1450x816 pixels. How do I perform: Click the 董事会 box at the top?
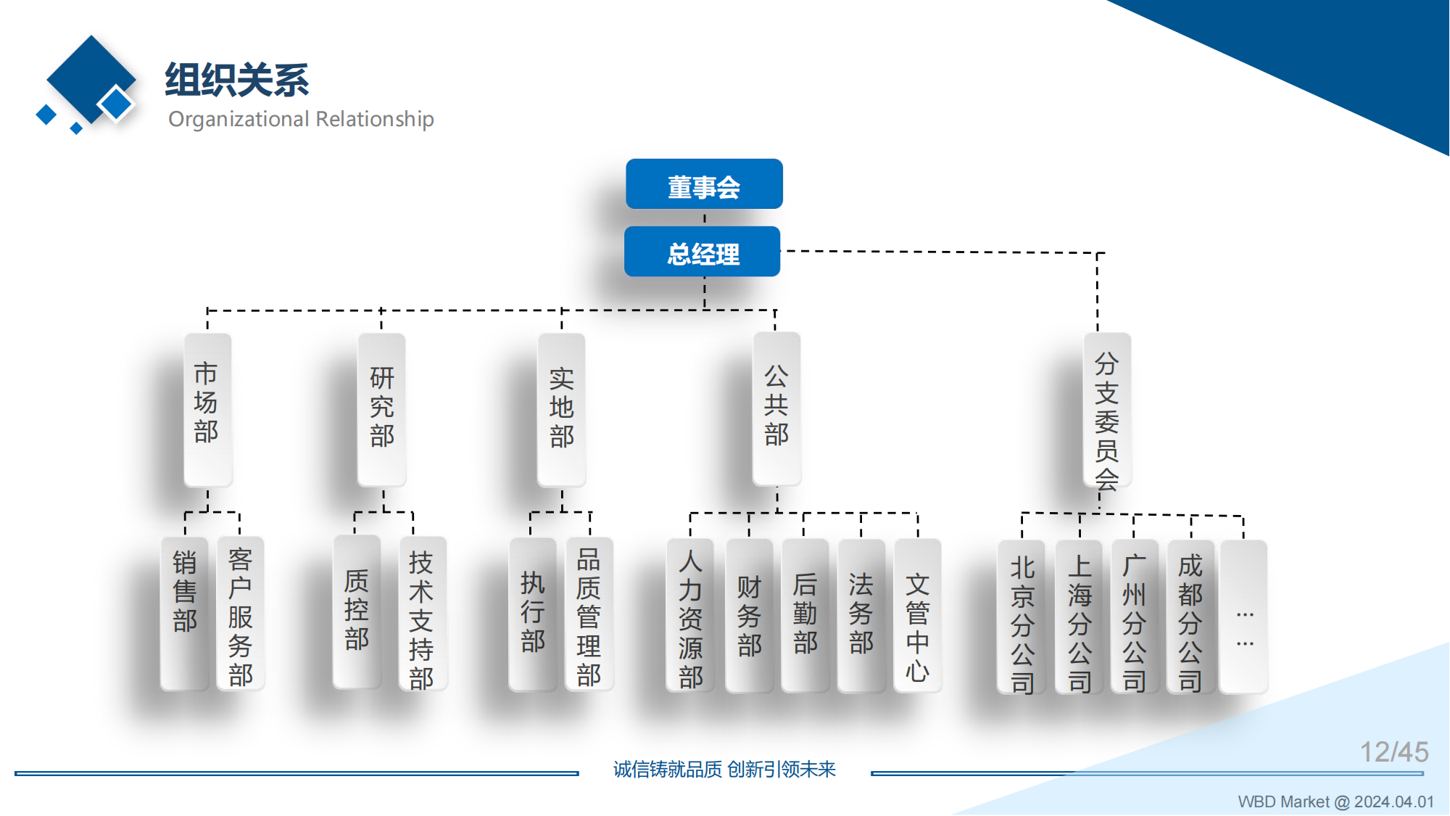point(704,184)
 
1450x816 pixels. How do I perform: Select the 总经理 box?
point(703,252)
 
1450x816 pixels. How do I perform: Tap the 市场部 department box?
point(207,409)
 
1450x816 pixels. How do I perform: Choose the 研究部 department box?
point(382,409)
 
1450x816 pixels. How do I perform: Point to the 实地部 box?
point(562,409)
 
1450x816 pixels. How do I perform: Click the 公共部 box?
point(776,408)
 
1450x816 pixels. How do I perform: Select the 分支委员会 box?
point(1107,411)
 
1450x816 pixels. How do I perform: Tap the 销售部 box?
point(185,613)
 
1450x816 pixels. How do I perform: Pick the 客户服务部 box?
point(241,613)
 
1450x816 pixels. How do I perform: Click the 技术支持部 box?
point(422,614)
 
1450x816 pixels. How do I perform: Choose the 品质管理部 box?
point(589,614)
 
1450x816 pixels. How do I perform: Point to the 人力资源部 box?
point(690,615)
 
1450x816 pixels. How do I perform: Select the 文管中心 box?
point(917,615)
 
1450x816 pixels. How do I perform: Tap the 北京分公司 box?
point(1022,617)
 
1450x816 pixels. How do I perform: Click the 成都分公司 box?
point(1190,617)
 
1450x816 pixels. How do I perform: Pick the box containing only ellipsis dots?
point(1244,617)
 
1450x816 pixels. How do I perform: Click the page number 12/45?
point(1393,752)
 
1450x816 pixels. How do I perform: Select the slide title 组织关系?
point(237,80)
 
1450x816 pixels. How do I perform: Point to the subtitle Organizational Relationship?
point(301,119)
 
